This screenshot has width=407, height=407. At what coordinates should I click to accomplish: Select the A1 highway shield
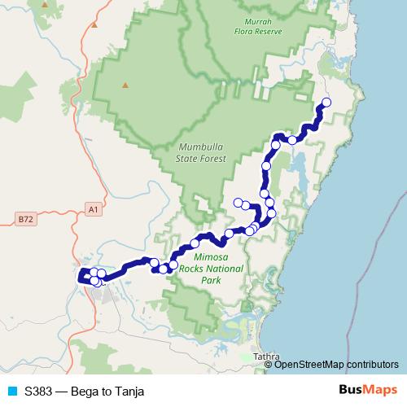click(93, 210)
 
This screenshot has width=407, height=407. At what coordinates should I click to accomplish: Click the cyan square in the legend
click(12, 391)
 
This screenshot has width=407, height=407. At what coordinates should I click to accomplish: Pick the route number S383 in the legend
click(39, 391)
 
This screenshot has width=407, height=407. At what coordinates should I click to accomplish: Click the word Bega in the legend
click(84, 391)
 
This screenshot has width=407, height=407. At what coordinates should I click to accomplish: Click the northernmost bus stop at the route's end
click(327, 102)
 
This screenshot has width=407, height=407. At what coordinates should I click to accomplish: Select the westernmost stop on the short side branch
click(238, 202)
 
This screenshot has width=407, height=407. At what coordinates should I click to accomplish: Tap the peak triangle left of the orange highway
click(94, 24)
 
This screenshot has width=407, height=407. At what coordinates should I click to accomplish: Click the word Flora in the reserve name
click(260, 33)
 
